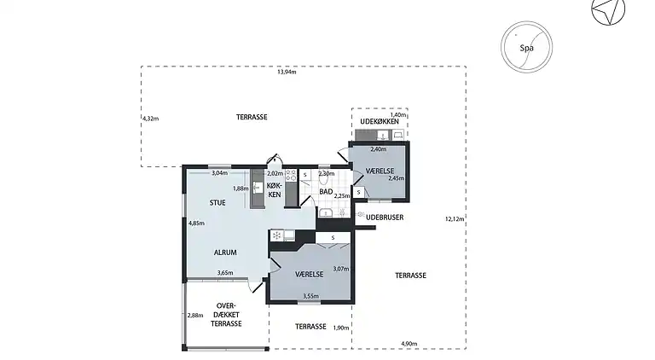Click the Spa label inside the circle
pos(526,48)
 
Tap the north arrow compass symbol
pos(607,10)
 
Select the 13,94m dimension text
pos(287,72)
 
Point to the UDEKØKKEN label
pos(380,121)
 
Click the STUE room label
pos(217,202)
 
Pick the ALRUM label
pos(225,253)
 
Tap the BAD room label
pos(326,192)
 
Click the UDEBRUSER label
pos(385,218)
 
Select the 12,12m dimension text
pos(455,219)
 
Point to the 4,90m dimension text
pos(409,344)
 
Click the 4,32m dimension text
pos(151,119)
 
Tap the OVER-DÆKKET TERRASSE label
pos(226,315)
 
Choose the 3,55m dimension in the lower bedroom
pos(310,296)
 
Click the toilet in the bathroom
pos(324,177)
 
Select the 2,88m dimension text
pos(195,316)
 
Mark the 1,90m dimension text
pos(341,328)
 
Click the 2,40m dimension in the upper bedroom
pos(379,149)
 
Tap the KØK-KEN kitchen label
pos(275,190)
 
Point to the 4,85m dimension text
pos(196,223)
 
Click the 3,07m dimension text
pos(341,269)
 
